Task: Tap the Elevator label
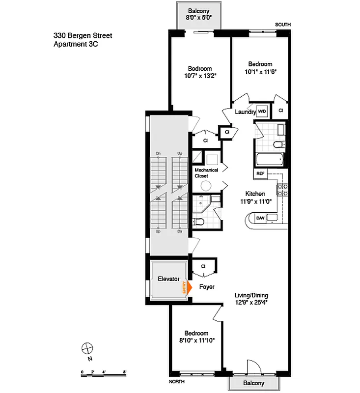click(x=168, y=279)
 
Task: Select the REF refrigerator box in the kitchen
click(x=260, y=173)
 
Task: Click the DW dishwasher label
click(x=260, y=218)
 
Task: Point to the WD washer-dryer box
click(x=262, y=112)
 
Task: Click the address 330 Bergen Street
click(x=83, y=35)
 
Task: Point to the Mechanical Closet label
click(x=206, y=173)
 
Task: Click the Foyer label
click(x=207, y=287)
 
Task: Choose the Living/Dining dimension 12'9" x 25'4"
click(x=251, y=303)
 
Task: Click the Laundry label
click(x=245, y=112)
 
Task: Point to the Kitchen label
click(x=255, y=194)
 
